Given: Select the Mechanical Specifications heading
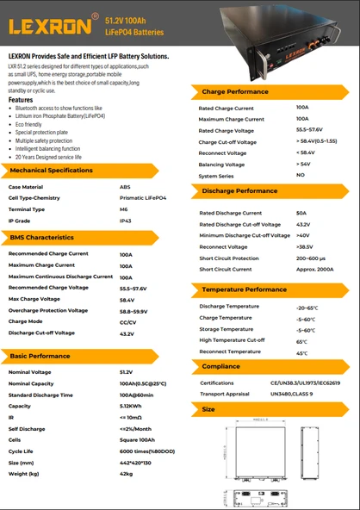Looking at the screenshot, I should (52, 171).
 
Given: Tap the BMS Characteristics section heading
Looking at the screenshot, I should (41, 237).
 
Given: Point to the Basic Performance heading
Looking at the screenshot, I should (40, 356).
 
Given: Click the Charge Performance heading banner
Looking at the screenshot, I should (235, 91).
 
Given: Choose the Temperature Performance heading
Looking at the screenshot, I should (244, 290).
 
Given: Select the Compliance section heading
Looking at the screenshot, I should (221, 366).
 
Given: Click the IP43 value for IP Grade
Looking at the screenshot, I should (126, 221).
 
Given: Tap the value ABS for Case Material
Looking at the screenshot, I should (125, 186).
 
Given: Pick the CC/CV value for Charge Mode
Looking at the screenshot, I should (127, 321).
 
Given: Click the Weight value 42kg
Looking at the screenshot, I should (126, 474).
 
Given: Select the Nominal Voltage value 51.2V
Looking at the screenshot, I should (126, 372).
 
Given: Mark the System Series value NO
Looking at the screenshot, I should (300, 175).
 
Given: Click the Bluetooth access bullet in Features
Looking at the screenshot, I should (53, 109).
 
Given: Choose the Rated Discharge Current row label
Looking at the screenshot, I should (230, 213).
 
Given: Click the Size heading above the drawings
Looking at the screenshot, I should (208, 409).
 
